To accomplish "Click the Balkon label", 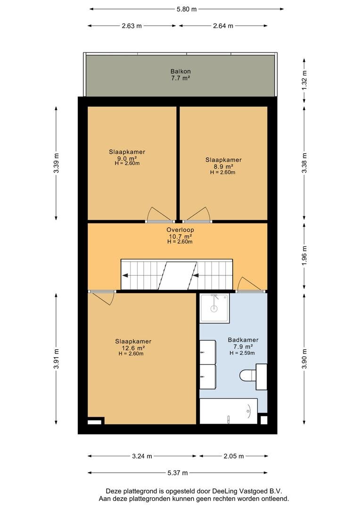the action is (x=180, y=72).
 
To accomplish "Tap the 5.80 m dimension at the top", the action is (x=187, y=9).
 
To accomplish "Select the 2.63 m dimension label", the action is (x=132, y=26).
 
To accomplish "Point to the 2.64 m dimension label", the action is (x=223, y=26).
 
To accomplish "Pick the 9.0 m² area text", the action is (x=127, y=158).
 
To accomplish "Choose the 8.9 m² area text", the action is (x=223, y=167).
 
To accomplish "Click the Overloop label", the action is (x=180, y=230).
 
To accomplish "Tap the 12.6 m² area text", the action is (x=133, y=348).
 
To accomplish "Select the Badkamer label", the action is (x=243, y=340).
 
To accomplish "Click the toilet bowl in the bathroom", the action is (x=248, y=376).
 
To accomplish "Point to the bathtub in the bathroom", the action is (x=229, y=411).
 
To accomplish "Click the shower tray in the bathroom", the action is (x=214, y=308).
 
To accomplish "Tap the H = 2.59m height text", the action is (x=242, y=353).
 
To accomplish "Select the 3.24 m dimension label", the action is (x=142, y=456).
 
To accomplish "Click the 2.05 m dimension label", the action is (x=234, y=456).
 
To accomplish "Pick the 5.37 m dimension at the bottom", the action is (x=178, y=473).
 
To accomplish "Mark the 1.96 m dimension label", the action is (x=304, y=255).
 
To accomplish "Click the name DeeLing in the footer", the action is (x=223, y=491).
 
